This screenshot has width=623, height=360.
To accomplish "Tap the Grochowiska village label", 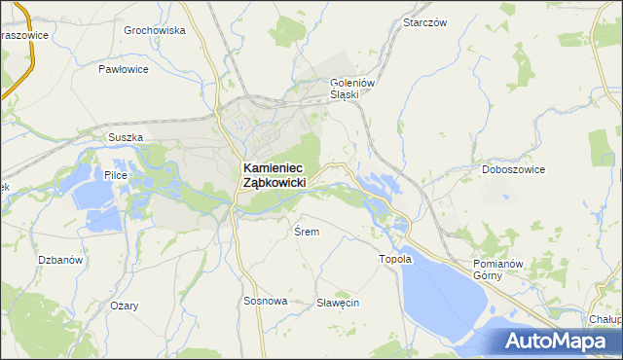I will point(154,30).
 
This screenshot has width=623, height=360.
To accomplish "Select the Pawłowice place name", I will point(124,70).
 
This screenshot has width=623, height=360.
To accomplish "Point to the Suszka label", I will point(127,137).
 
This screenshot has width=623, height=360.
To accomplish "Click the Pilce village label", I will point(116,176).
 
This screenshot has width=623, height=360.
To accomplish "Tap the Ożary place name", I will point(124,306).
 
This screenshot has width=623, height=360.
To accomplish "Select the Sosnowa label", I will point(265,302).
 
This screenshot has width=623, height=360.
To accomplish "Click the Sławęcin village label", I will point(338,303).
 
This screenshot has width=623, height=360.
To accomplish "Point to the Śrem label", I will point(306,232).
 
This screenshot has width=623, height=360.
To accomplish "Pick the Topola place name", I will point(395,260).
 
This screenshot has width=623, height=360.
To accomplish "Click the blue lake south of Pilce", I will point(92,204).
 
